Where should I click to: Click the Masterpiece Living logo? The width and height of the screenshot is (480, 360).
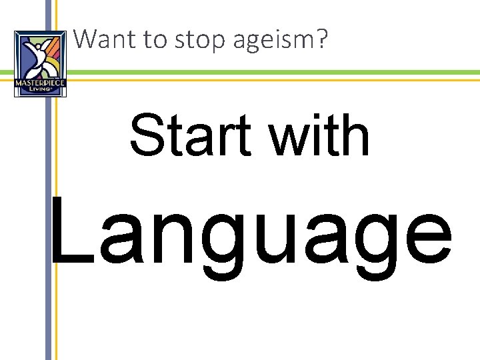click(40, 63)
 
